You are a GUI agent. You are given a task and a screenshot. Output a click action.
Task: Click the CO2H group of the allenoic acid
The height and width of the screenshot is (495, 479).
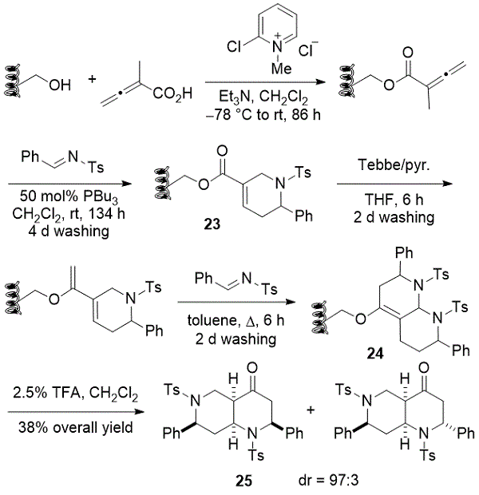pos(173,95)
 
